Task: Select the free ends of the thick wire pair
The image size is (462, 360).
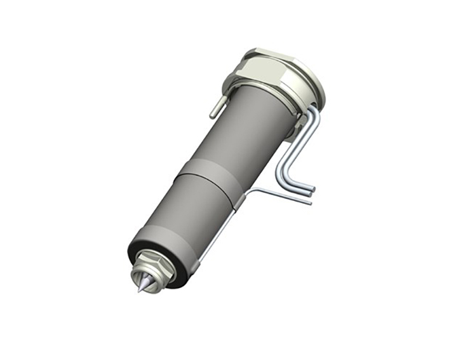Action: point(312,190)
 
